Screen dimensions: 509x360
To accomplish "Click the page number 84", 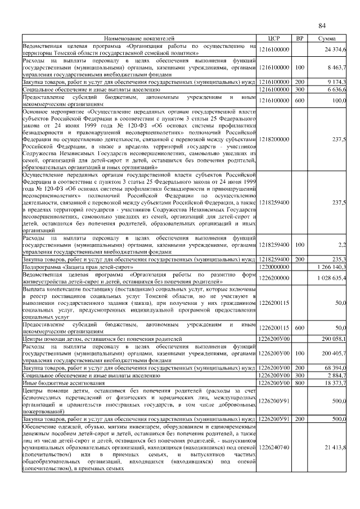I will pos(322,26).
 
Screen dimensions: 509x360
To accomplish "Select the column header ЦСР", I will pos(274,38).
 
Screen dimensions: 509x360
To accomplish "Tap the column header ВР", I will pos(300,38).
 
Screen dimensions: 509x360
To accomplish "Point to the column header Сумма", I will pos(327,38).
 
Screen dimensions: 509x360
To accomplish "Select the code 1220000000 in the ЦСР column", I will pos(274,267).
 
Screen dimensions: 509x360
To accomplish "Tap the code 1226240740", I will pos(274,447).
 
